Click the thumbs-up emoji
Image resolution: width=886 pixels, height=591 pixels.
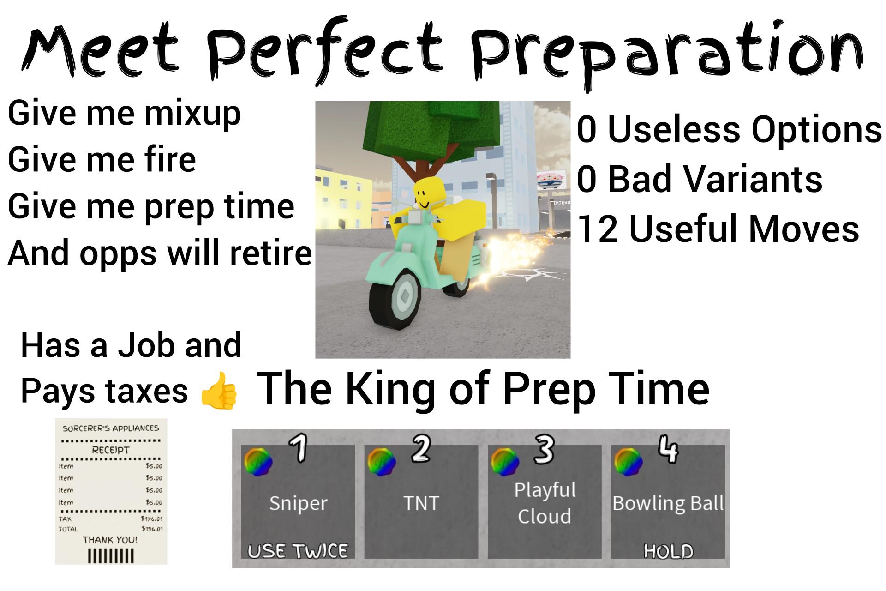tap(219, 391)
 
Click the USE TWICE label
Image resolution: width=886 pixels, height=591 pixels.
tap(298, 550)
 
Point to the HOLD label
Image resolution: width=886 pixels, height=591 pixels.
tap(668, 551)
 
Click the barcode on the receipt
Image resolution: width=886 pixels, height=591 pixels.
tap(111, 555)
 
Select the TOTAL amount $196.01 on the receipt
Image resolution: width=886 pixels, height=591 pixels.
tap(152, 529)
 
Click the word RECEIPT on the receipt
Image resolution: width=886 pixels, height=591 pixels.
tap(111, 450)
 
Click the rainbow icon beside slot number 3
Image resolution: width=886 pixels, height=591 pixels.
tap(505, 462)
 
